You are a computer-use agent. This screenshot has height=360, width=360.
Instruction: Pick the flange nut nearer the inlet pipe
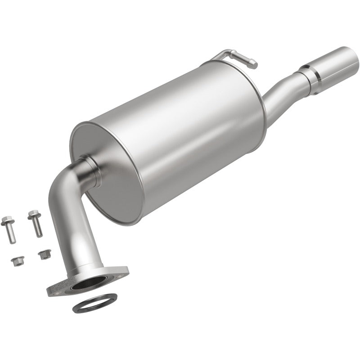(44, 254)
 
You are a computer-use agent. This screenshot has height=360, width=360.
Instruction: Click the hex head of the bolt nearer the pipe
(32, 215)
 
